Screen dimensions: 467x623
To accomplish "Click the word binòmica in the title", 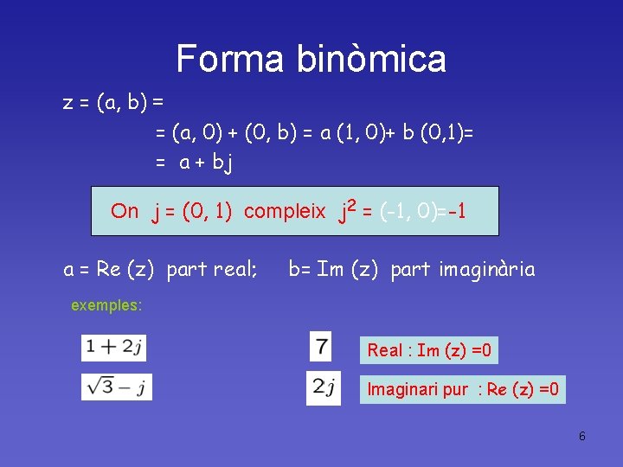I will [x=371, y=59].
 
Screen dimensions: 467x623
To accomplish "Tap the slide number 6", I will [x=582, y=436].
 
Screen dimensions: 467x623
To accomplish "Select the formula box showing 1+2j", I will [x=114, y=348].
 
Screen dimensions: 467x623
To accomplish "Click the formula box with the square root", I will [x=117, y=386].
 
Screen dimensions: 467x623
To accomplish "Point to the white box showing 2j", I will [x=323, y=387].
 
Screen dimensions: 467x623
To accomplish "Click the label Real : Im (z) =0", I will [x=429, y=350].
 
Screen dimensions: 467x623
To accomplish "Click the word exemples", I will [x=106, y=305].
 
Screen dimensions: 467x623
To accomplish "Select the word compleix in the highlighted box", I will [x=285, y=211].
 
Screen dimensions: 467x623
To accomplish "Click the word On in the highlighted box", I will [x=125, y=211].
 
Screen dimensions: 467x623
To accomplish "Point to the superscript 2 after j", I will [x=350, y=205].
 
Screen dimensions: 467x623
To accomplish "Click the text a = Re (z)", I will [x=109, y=270].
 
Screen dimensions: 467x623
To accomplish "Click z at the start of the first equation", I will [x=67, y=104].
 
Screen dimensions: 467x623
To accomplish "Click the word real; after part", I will [x=235, y=270].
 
